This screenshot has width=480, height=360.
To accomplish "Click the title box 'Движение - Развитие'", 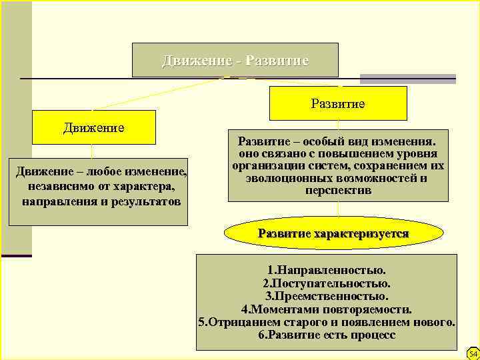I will [x=235, y=61].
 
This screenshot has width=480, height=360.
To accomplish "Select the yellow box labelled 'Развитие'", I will [x=338, y=104].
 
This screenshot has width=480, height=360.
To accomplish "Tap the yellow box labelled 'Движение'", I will [x=94, y=127].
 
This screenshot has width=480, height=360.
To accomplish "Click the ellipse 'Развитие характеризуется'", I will [x=333, y=233].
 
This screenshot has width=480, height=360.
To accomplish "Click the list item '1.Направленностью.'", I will [x=327, y=271].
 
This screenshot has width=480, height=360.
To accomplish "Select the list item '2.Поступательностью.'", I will [x=327, y=284].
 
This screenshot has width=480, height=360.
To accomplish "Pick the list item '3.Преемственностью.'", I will [x=327, y=297].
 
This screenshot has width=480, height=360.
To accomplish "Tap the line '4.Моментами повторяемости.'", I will [x=327, y=309].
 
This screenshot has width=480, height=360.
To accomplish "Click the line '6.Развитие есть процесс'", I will [x=327, y=335].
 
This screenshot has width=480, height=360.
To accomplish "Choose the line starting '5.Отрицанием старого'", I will [x=327, y=322].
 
